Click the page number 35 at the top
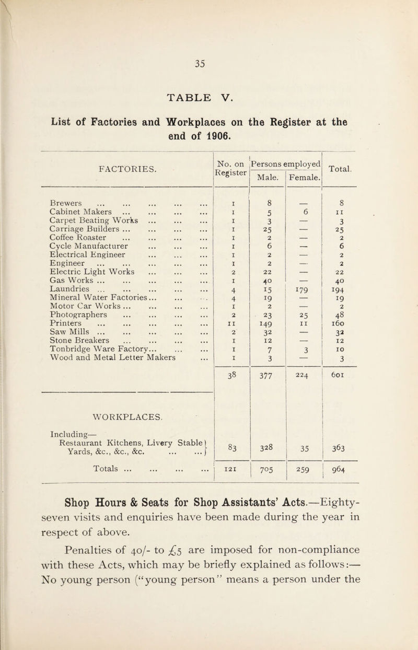click(x=209, y=63)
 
